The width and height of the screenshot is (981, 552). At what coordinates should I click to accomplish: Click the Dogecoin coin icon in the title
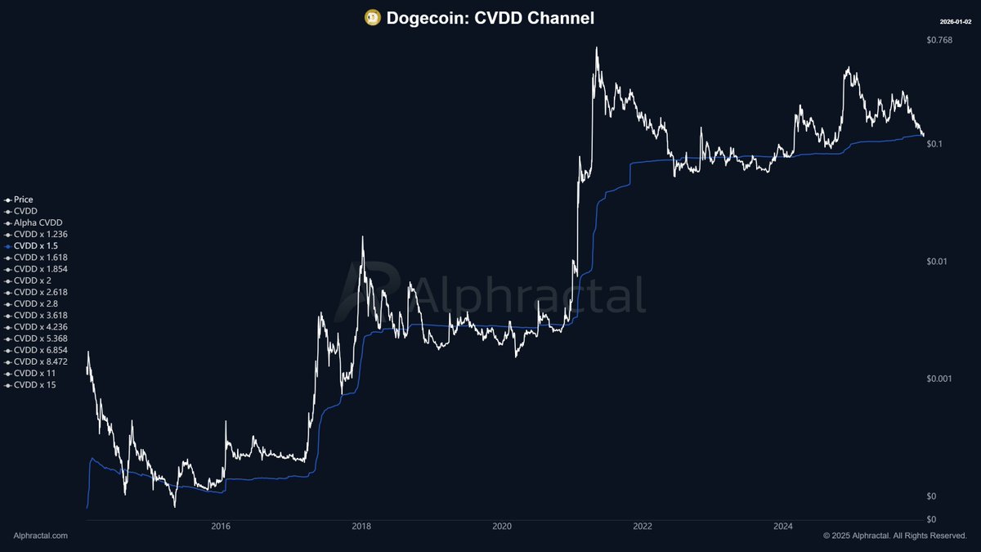(x=373, y=17)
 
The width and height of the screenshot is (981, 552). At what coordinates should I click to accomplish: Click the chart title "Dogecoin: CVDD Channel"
(x=490, y=17)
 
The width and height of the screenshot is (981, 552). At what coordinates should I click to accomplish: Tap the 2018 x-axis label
(x=361, y=527)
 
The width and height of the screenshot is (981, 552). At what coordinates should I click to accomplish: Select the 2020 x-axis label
(x=502, y=527)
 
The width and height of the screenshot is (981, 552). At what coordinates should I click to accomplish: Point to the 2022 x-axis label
(x=643, y=527)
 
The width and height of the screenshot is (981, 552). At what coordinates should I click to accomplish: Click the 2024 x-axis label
(x=783, y=527)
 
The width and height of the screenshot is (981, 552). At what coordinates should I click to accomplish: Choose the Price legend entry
(x=24, y=200)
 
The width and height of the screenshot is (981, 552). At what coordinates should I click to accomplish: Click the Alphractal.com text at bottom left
(x=41, y=536)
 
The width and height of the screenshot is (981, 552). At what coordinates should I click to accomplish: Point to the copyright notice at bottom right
(x=895, y=536)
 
